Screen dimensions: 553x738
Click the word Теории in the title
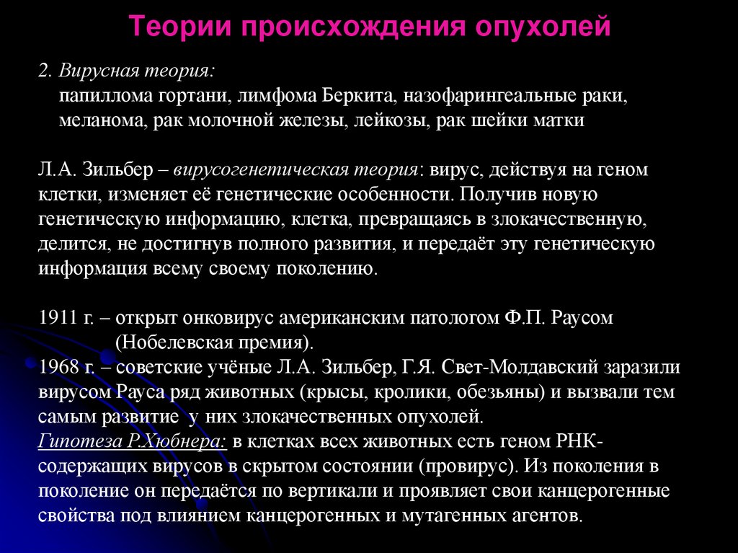[179, 28]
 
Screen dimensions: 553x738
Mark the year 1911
[55, 317]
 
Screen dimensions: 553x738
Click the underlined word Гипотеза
[74, 442]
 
